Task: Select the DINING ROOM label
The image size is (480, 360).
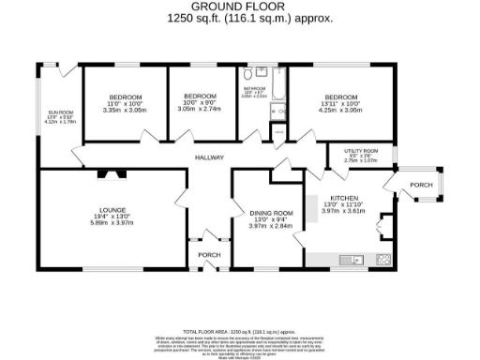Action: [271, 213]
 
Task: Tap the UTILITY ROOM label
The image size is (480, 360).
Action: [361, 150]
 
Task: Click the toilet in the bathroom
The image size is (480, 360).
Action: [247, 73]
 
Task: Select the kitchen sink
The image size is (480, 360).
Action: [352, 259]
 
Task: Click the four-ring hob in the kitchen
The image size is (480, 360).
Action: [382, 259]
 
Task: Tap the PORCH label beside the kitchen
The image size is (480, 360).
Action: [421, 186]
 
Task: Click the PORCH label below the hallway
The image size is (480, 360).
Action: [207, 255]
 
